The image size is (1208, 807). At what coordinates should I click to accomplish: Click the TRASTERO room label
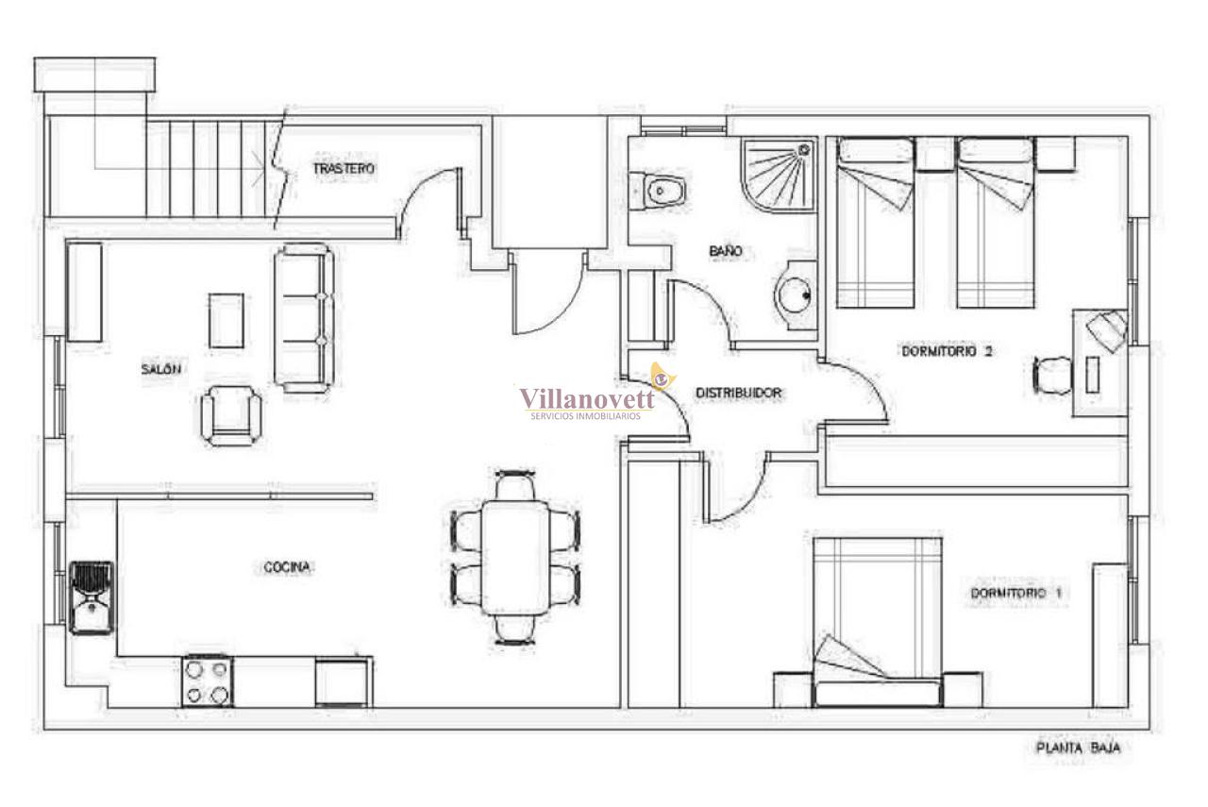pyautogui.click(x=344, y=168)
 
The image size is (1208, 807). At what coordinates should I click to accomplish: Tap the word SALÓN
pyautogui.click(x=160, y=369)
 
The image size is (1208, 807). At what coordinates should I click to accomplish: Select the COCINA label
pyautogui.click(x=287, y=567)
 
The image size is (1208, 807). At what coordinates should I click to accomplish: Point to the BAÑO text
pyautogui.click(x=726, y=251)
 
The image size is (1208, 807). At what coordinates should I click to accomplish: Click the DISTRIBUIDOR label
pyautogui.click(x=738, y=394)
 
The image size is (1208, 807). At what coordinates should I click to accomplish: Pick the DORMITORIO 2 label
pyautogui.click(x=947, y=351)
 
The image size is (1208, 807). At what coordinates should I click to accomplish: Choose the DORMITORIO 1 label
pyautogui.click(x=1016, y=594)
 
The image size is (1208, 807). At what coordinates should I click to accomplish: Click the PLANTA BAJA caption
pyautogui.click(x=1078, y=748)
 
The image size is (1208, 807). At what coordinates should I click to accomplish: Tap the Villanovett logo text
pyautogui.click(x=587, y=399)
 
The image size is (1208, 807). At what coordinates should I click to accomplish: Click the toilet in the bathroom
pyautogui.click(x=658, y=191)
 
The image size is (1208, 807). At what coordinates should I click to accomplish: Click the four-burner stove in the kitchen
pyautogui.click(x=207, y=681)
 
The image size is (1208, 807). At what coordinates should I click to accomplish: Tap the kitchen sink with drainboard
pyautogui.click(x=92, y=597)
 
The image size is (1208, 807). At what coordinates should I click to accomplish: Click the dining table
pyautogui.click(x=515, y=558)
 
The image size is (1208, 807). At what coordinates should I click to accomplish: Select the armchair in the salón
pyautogui.click(x=231, y=415)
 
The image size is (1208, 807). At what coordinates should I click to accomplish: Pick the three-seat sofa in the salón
pyautogui.click(x=304, y=317)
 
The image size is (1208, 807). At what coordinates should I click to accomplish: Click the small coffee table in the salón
pyautogui.click(x=226, y=320)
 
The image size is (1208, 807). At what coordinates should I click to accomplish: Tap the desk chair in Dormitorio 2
pyautogui.click(x=1052, y=376)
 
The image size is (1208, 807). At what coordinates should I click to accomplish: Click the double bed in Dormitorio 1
pyautogui.click(x=878, y=622)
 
